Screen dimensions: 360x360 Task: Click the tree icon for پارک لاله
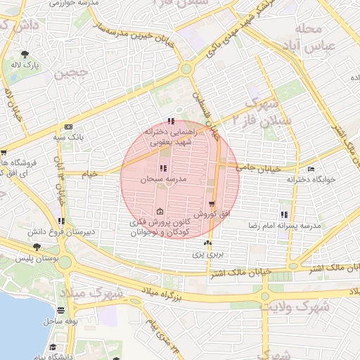point(25,54)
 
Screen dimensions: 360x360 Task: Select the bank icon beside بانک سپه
point(67,127)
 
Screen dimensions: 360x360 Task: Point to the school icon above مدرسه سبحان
point(164,169)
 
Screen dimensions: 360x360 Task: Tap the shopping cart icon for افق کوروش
point(212,203)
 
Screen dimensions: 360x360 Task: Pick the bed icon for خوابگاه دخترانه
point(311,169)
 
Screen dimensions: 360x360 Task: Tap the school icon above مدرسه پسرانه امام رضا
point(284,214)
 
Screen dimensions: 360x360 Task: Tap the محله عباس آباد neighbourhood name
point(310,39)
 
